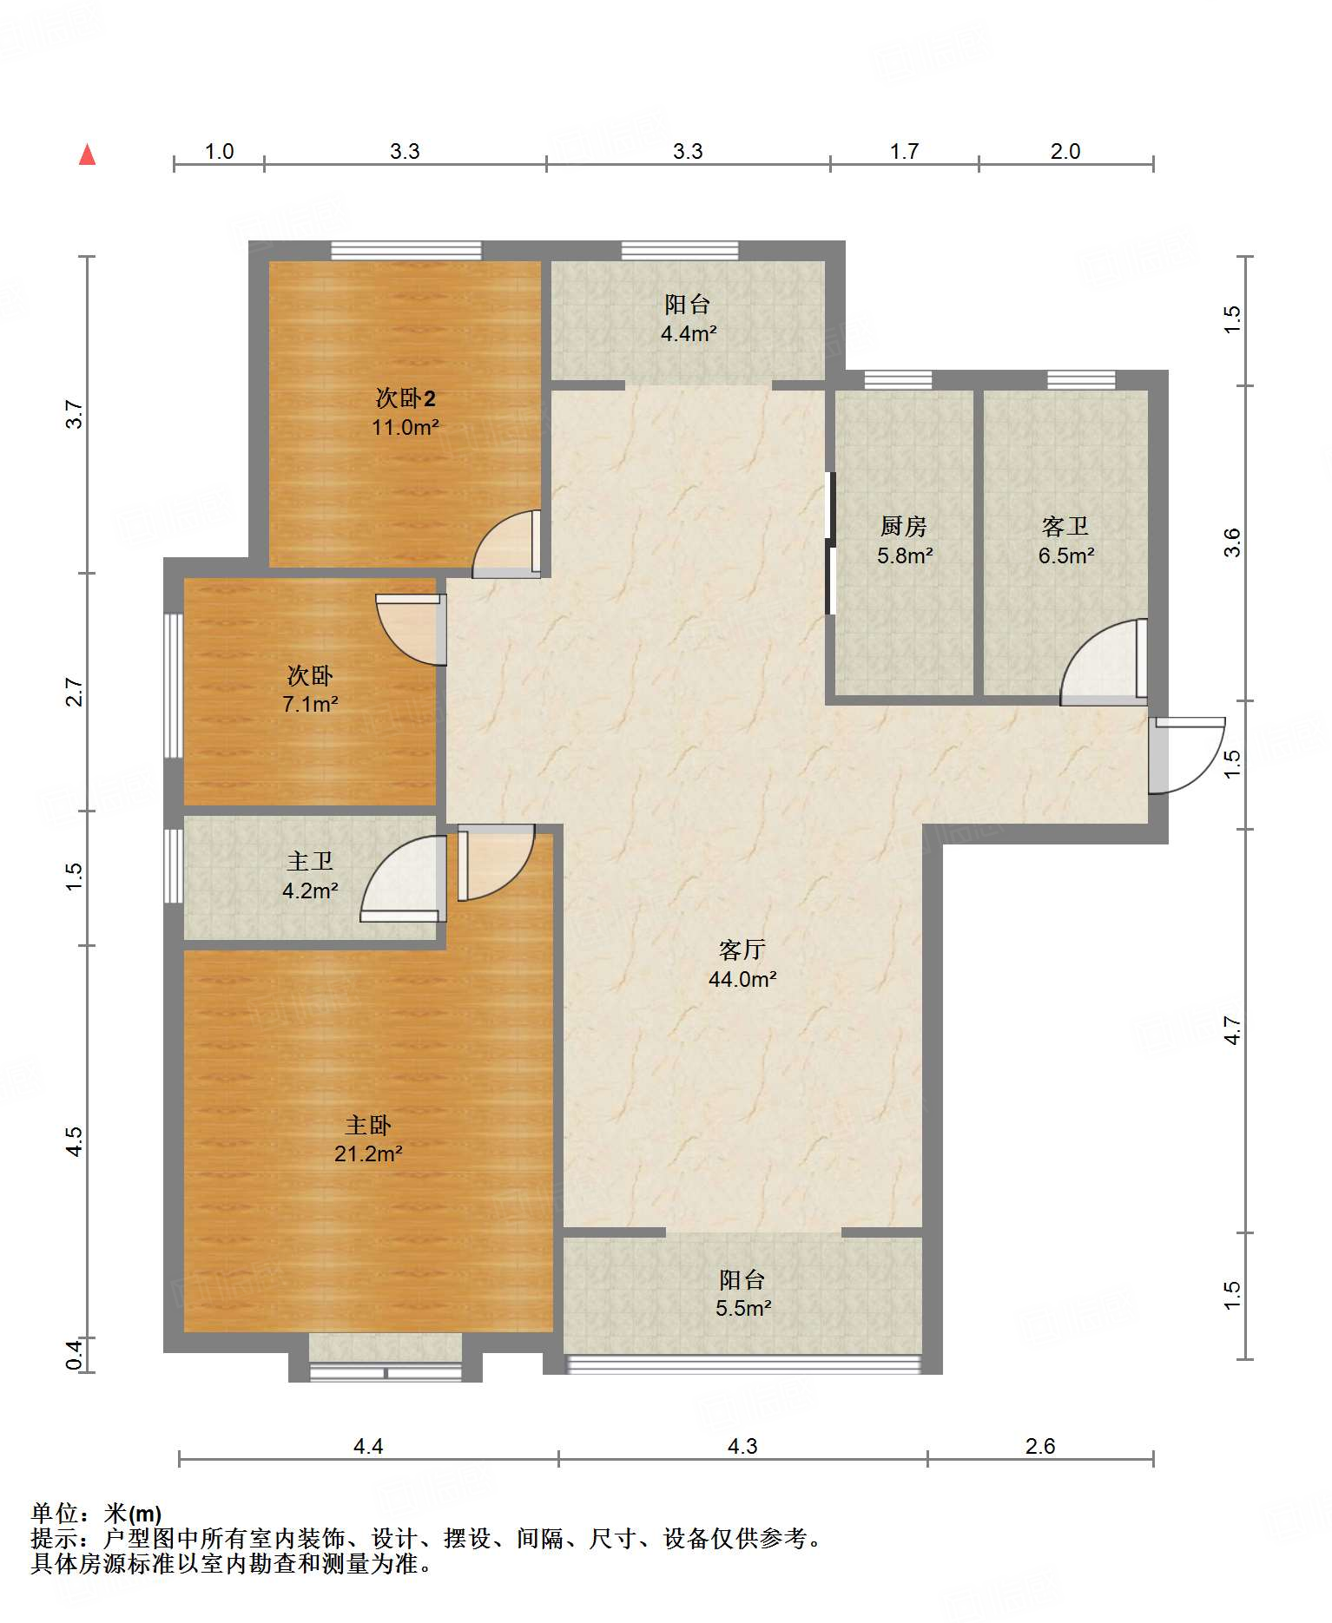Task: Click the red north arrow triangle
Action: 87,154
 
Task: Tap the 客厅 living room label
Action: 742,949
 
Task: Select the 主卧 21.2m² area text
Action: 368,1153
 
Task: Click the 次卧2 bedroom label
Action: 406,398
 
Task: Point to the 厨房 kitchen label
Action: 904,526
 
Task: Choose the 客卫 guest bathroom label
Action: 1065,526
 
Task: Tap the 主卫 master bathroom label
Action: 310,861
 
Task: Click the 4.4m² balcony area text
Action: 689,333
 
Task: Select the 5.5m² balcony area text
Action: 743,1308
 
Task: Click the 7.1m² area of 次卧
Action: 310,704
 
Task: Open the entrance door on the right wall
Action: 1185,755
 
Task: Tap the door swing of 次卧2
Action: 506,544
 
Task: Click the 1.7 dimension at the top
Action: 904,152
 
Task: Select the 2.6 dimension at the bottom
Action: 1040,1446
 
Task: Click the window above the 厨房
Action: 899,380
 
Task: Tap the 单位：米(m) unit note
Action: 96,1514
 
